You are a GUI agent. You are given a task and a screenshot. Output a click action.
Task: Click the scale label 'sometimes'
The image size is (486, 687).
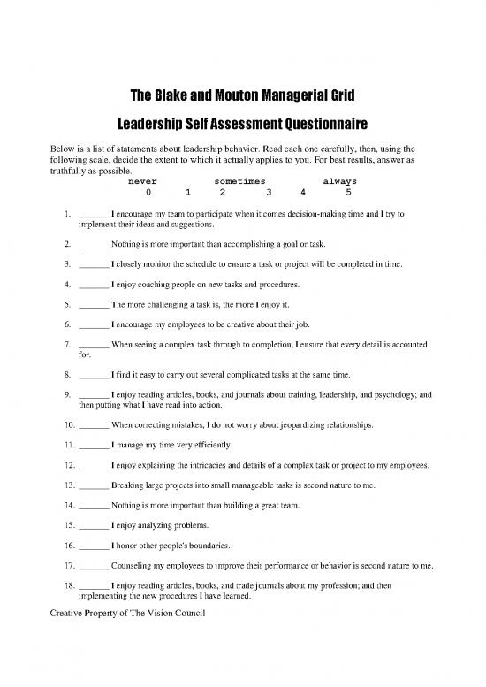click(x=239, y=180)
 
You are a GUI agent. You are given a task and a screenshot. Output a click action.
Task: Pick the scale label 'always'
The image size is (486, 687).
click(x=340, y=180)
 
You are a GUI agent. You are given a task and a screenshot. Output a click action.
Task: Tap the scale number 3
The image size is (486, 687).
click(x=268, y=191)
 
